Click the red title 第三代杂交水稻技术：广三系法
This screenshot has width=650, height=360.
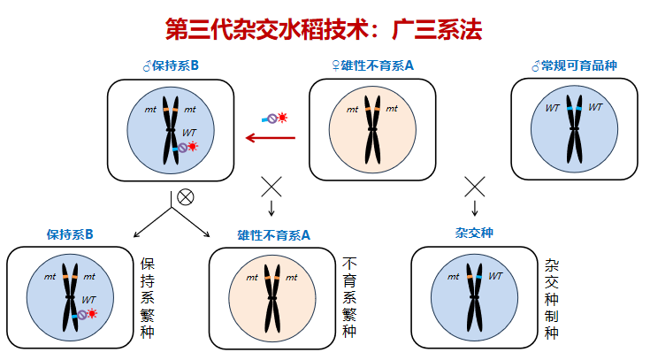[324, 29]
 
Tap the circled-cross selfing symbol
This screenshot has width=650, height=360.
[185, 196]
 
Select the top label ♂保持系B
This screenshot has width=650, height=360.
[171, 65]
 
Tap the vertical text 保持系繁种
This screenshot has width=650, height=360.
[149, 298]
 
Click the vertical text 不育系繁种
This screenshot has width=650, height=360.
[349, 298]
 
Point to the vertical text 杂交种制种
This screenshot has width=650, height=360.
[552, 298]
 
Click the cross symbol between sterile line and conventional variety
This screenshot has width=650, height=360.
[476, 187]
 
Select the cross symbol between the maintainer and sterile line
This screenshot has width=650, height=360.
[271, 187]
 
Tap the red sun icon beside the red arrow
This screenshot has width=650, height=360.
[283, 117]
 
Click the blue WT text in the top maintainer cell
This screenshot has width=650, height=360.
[190, 133]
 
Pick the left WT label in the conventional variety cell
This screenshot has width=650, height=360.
[553, 108]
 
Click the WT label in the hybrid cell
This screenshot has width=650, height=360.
[495, 276]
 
